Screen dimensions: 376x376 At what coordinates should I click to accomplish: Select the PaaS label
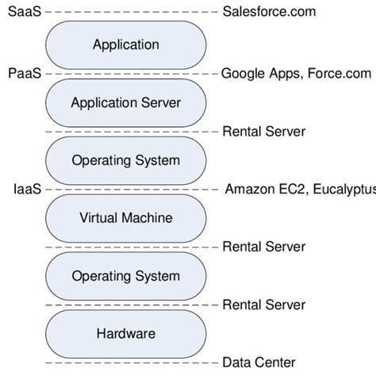[x=24, y=73]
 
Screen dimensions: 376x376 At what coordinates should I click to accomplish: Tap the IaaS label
[x=27, y=190]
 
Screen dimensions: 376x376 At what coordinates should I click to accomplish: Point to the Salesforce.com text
[x=269, y=12]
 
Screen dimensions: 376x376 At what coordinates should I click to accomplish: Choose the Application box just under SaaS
[x=125, y=44]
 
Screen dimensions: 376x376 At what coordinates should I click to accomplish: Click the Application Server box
[x=125, y=102]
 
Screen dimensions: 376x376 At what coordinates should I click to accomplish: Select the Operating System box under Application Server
[x=125, y=160]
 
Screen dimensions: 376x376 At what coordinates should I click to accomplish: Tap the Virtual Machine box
[x=125, y=217]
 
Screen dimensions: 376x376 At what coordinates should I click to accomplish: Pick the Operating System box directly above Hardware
[x=125, y=275]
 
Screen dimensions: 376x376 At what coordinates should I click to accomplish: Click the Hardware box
[x=125, y=333]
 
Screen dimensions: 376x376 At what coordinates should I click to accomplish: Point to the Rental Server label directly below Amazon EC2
[x=263, y=247]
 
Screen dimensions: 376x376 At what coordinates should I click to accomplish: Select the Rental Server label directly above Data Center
[x=263, y=305]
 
